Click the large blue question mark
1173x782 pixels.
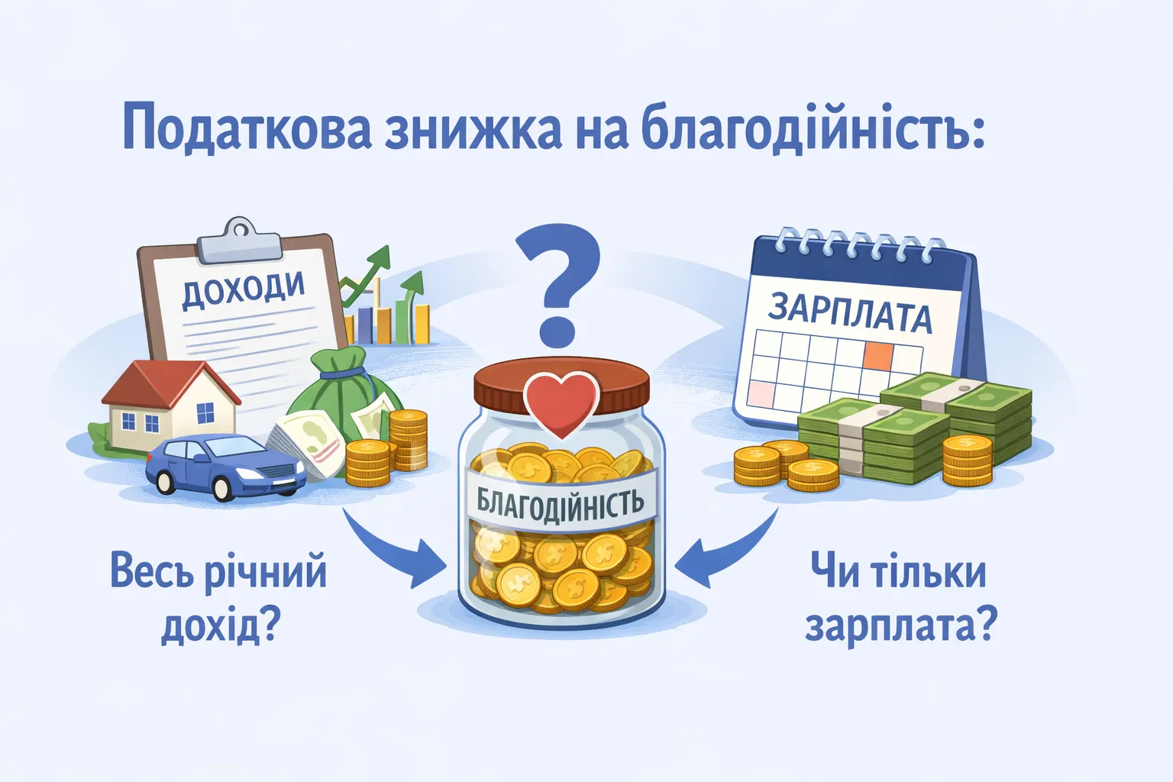pyautogui.click(x=557, y=283)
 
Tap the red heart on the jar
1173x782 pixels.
pyautogui.click(x=561, y=402)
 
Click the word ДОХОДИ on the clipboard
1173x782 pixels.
pyautogui.click(x=243, y=289)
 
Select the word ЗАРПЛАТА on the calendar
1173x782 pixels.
pyautogui.click(x=849, y=312)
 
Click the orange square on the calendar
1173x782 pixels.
pyautogui.click(x=878, y=354)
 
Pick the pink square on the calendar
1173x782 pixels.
pyautogui.click(x=761, y=394)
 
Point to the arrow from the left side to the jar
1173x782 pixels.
pyautogui.click(x=389, y=550)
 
